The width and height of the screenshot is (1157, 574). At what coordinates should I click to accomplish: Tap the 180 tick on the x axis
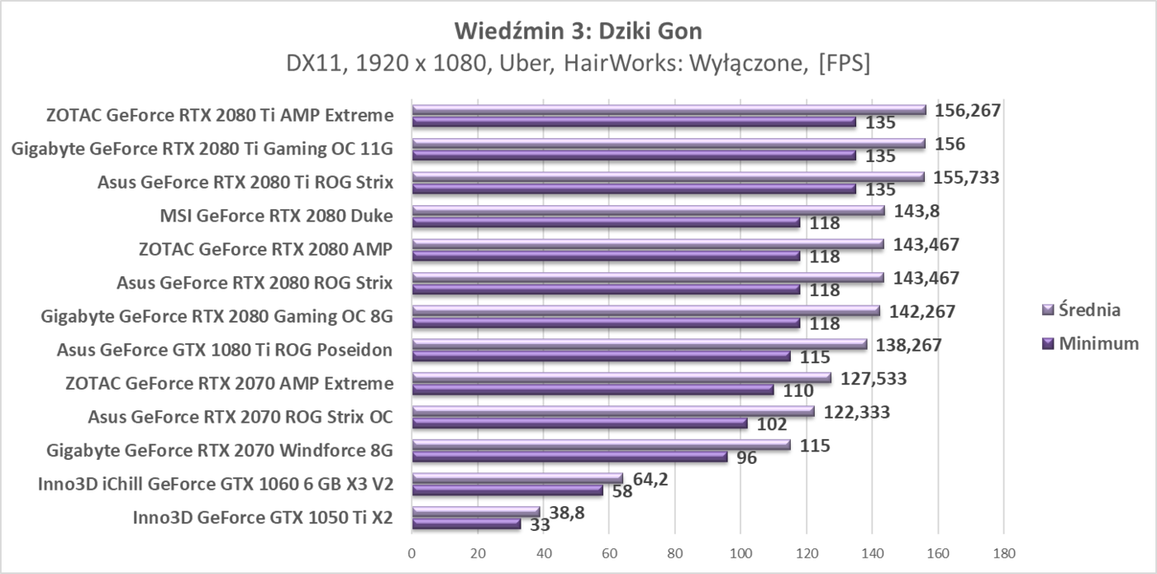pyautogui.click(x=1002, y=552)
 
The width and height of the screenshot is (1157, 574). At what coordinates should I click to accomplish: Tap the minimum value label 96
pyautogui.click(x=746, y=457)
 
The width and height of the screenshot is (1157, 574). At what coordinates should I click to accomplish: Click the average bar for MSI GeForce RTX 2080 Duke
pyautogui.click(x=648, y=211)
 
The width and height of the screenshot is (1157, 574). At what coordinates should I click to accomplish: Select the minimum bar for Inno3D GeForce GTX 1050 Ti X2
pyautogui.click(x=466, y=524)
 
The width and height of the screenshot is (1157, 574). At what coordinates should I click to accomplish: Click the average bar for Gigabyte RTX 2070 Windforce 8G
pyautogui.click(x=601, y=445)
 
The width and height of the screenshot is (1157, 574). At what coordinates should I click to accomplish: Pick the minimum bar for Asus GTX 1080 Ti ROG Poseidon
pyautogui.click(x=601, y=356)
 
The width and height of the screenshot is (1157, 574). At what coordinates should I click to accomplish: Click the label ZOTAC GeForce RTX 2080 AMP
pyautogui.click(x=265, y=250)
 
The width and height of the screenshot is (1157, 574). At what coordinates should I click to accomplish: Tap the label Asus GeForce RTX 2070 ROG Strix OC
pyautogui.click(x=240, y=417)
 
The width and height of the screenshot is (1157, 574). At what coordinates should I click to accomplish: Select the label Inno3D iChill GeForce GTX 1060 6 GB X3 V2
pyautogui.click(x=215, y=484)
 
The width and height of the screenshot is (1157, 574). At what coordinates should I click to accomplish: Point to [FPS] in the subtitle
pyautogui.click(x=842, y=64)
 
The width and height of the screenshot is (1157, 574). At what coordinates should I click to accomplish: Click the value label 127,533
pyautogui.click(x=874, y=378)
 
